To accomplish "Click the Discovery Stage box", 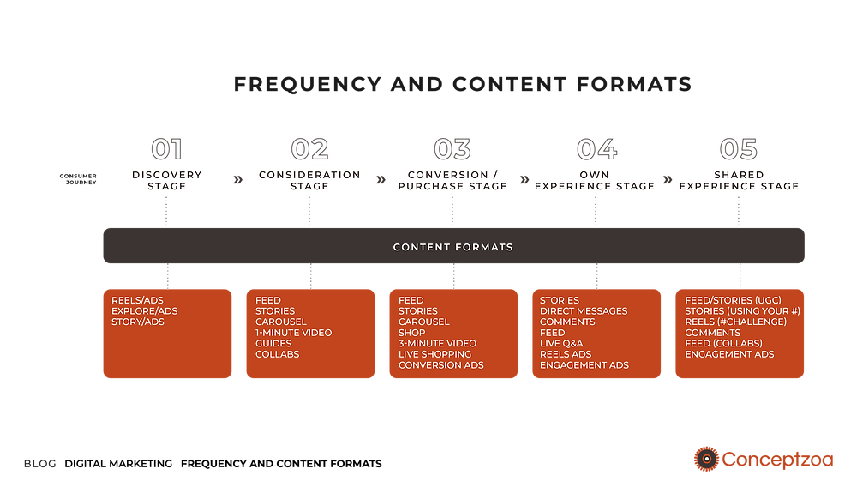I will tap(166, 180).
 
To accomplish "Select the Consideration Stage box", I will tap(309, 180).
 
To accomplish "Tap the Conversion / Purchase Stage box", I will tap(452, 180).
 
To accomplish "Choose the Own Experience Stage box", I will tap(596, 180).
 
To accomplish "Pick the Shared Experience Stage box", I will tap(739, 180).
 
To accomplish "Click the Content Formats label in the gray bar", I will tap(452, 247).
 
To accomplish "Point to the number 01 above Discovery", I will tap(166, 149).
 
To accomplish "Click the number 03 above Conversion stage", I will tap(452, 149).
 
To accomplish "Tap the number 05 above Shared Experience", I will tap(739, 149).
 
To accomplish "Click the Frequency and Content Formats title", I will tap(462, 85).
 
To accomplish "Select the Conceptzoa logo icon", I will tap(706, 459).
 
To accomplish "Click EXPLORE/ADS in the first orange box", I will tap(144, 311).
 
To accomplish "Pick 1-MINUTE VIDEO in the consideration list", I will tap(293, 333).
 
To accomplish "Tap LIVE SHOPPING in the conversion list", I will tap(434, 354).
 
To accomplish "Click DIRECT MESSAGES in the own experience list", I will tap(584, 311).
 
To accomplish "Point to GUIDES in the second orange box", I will tap(273, 343).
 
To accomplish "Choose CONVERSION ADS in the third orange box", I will tap(440, 365).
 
